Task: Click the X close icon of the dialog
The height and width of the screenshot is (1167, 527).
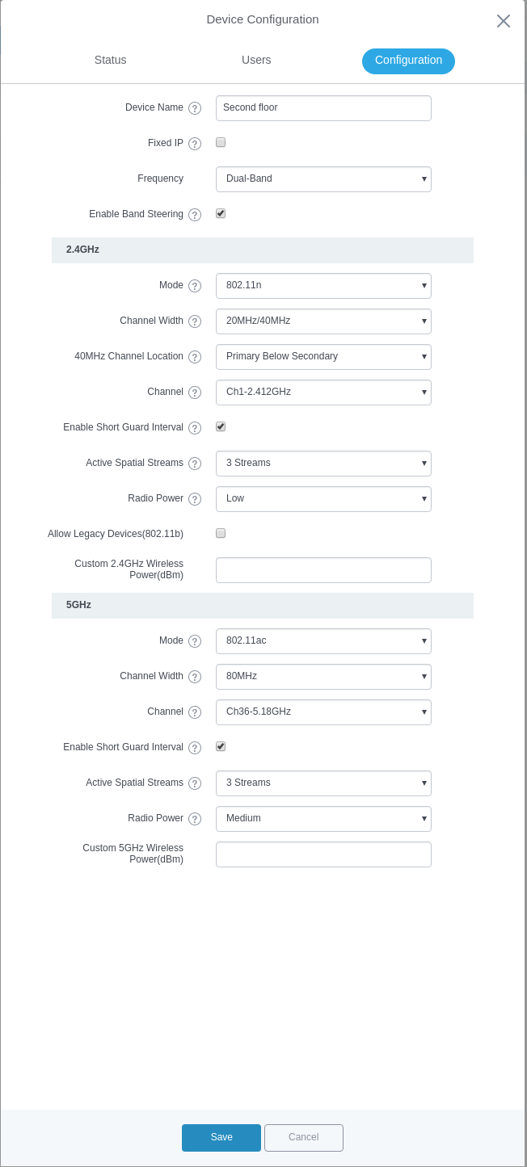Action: coord(504,21)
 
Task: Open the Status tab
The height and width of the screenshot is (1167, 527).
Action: coord(110,60)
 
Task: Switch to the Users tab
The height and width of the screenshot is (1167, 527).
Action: coord(256,60)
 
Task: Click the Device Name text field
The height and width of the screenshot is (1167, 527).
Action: coord(323,108)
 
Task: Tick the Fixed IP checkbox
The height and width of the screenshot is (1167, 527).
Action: coord(221,142)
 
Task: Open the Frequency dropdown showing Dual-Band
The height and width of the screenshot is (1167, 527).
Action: coord(323,179)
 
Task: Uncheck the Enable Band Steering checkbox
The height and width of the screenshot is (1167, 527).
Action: coord(221,213)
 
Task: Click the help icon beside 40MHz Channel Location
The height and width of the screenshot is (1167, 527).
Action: coord(195,357)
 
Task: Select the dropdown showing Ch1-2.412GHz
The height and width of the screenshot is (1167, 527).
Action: coord(323,392)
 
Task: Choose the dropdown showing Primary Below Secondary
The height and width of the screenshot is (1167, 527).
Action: coord(323,357)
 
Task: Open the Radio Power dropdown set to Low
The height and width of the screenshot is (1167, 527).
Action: coord(323,499)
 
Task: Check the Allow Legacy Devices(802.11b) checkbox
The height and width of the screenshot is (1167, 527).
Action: coord(221,533)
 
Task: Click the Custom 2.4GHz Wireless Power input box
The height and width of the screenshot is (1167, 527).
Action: coord(323,570)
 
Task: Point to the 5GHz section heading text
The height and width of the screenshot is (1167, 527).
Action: coord(78,605)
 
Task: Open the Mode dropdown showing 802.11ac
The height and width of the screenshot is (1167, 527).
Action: coord(323,641)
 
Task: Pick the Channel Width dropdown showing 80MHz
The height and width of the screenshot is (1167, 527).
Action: coord(323,677)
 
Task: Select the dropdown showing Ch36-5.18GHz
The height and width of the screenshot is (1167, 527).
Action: coord(323,712)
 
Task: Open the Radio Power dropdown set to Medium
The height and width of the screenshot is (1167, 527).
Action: coord(323,819)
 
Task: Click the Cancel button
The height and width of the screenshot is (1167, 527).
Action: coord(304,1137)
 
